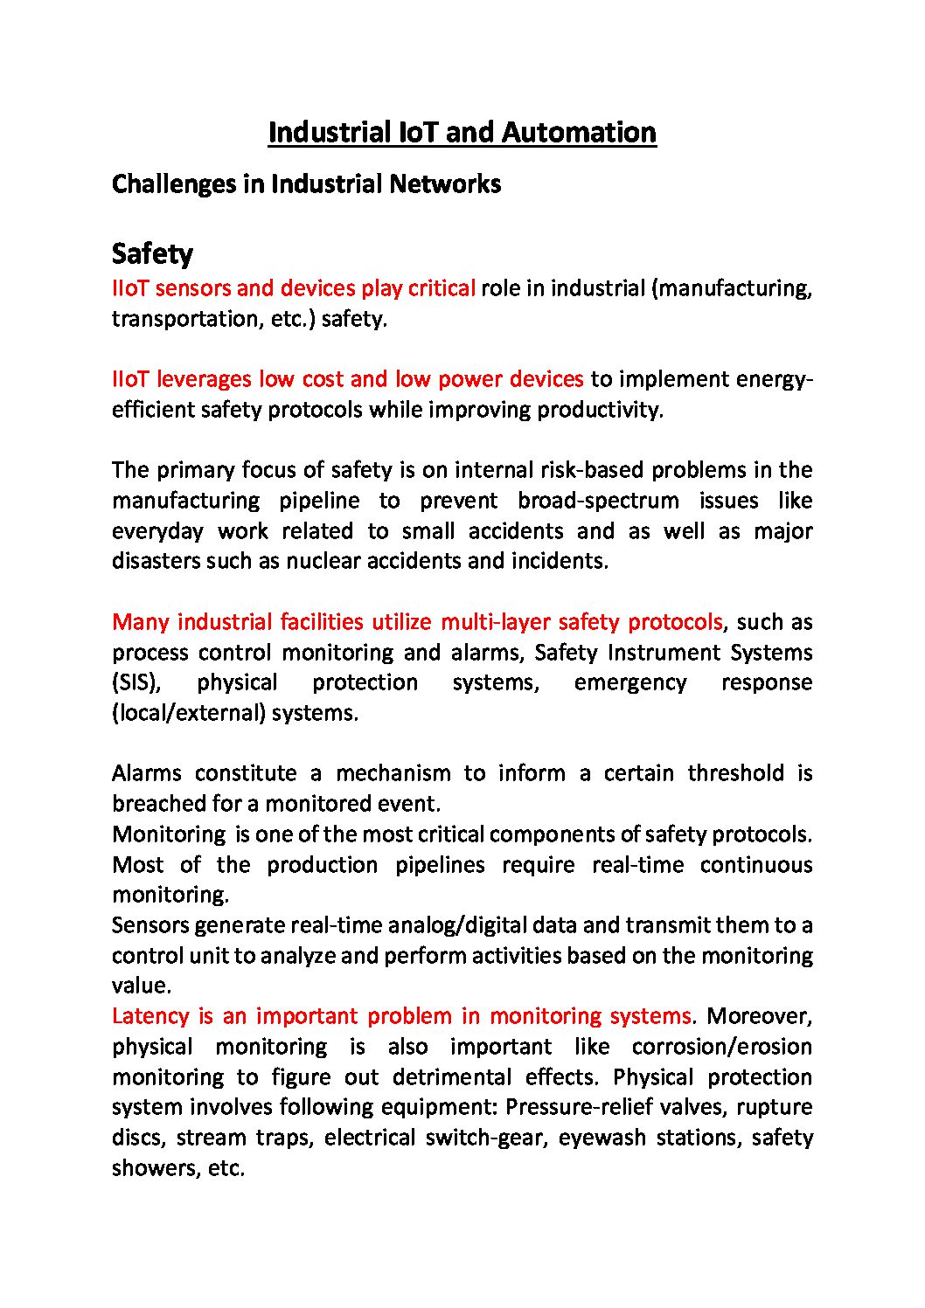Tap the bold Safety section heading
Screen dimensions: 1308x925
152,253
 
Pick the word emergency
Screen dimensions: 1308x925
629,682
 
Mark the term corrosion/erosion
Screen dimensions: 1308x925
721,1046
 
